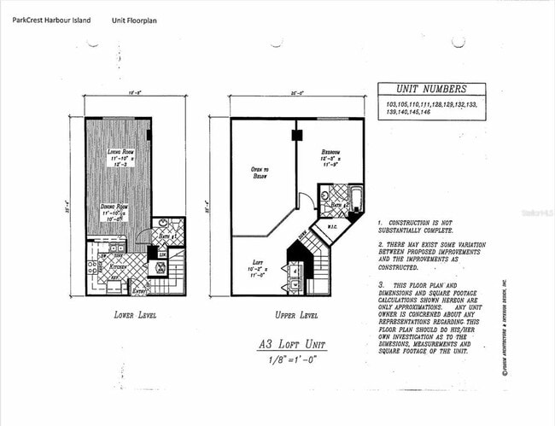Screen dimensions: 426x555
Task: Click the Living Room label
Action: tap(120, 153)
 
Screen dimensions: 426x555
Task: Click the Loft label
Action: tap(258, 264)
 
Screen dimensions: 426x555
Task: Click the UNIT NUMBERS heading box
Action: tap(430, 89)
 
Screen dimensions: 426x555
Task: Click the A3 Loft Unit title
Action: tap(293, 345)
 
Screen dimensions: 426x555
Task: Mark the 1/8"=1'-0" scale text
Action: tap(293, 361)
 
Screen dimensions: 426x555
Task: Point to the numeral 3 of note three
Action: tap(380, 282)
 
